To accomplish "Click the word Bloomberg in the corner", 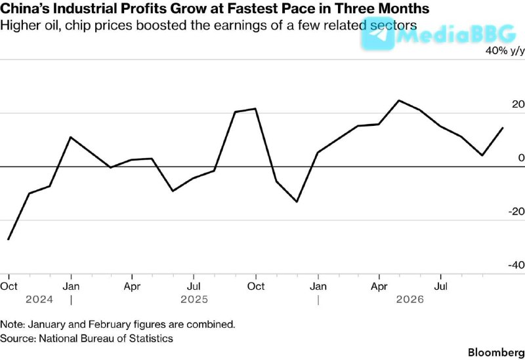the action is point(496,353).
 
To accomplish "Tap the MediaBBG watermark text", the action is point(456,35).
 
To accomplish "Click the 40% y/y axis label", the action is point(505,51).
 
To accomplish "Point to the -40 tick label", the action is point(516,265).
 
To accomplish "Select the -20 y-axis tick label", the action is point(516,211).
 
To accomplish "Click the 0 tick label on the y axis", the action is point(521,157).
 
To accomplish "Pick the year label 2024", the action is point(39,300).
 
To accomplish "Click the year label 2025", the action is point(194,300).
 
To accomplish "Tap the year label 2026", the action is point(409,300).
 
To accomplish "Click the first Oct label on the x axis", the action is point(9,287).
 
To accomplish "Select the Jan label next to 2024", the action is point(71,287).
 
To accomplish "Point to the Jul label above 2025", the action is point(194,287).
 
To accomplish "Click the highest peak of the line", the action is point(399,100).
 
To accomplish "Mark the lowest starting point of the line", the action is point(8,239).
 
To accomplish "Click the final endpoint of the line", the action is point(503,128).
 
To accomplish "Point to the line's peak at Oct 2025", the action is point(255,109).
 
